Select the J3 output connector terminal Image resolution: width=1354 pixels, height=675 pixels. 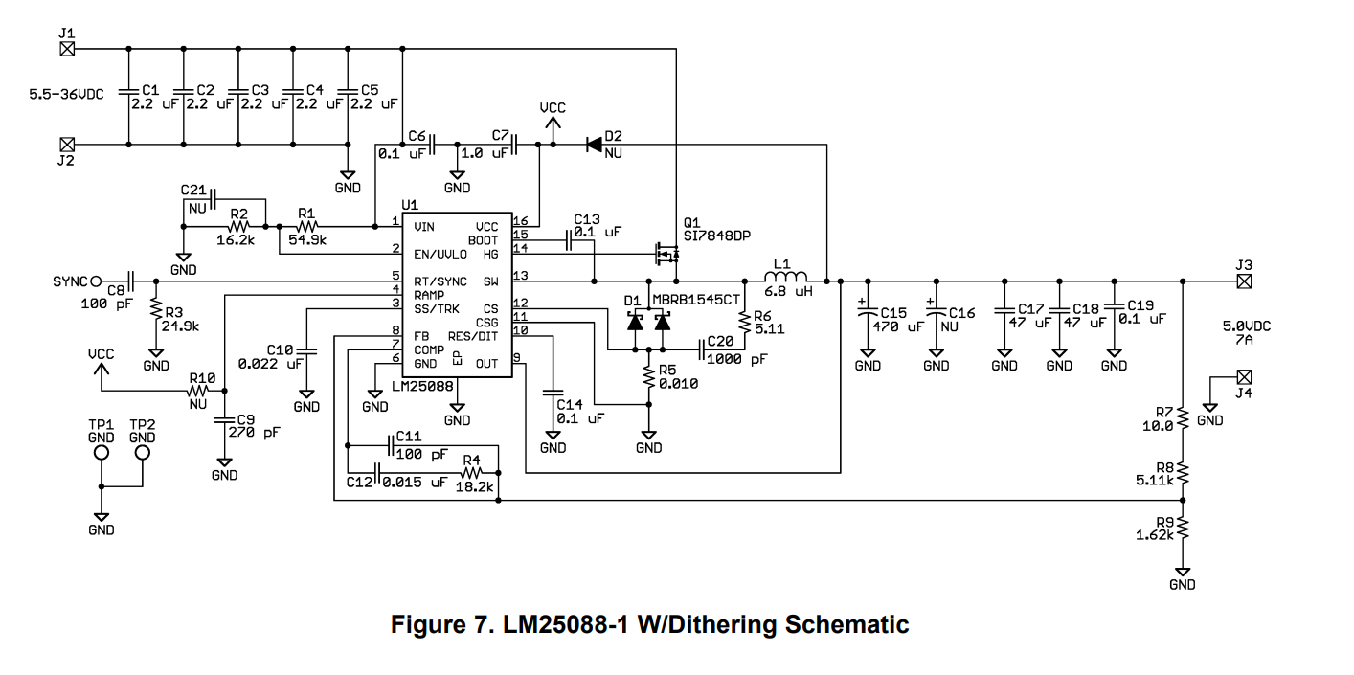1244,281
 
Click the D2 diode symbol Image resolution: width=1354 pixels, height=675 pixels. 594,145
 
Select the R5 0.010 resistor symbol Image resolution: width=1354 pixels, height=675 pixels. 649,377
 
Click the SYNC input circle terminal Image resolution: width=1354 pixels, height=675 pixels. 96,281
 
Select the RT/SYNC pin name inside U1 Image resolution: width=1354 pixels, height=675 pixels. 440,281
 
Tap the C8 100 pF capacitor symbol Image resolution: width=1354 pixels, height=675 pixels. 129,281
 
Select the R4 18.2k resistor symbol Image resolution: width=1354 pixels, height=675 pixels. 470,472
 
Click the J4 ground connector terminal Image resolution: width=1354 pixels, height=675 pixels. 1244,377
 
